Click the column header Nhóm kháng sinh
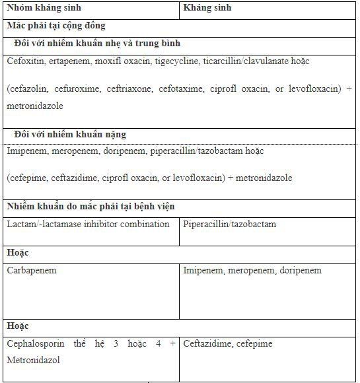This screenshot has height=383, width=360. [x=39, y=9]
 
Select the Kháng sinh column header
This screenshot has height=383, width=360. [x=207, y=9]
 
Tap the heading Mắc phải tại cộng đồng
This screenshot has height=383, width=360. [x=56, y=26]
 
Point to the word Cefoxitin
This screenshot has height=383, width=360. [x=25, y=61]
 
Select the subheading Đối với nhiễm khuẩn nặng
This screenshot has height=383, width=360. [x=70, y=134]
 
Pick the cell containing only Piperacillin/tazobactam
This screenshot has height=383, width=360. [x=229, y=224]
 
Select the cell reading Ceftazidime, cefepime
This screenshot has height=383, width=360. [x=227, y=343]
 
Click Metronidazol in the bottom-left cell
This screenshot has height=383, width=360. [x=34, y=361]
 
